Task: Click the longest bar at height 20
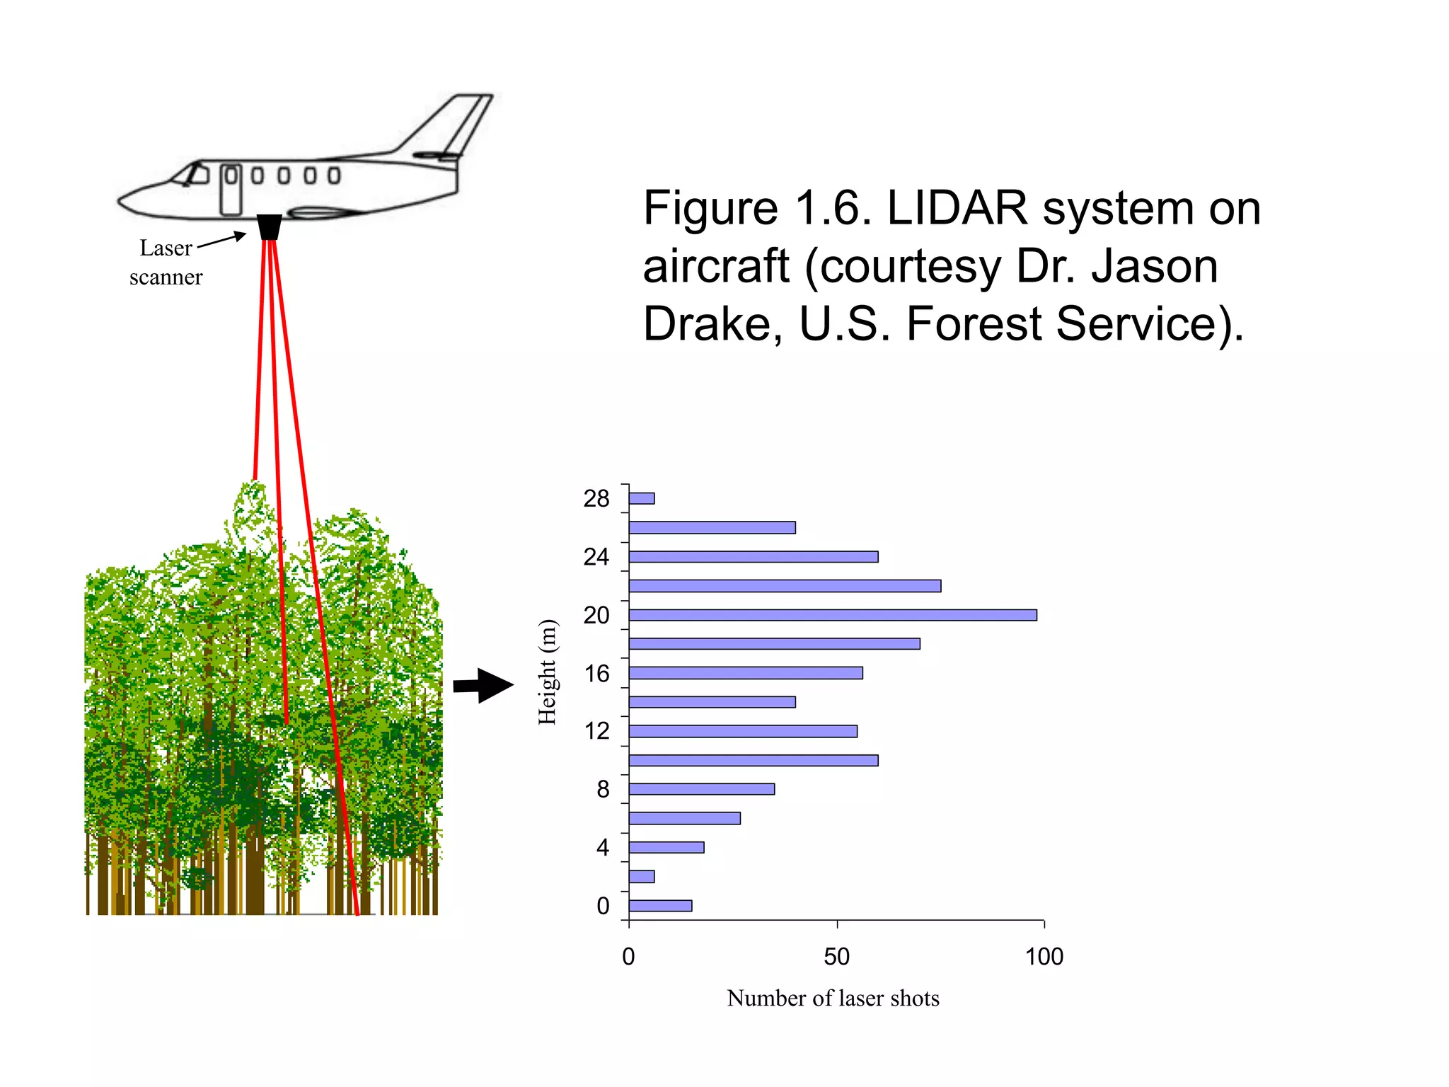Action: point(832,615)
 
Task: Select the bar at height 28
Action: point(642,498)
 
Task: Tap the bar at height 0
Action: point(660,905)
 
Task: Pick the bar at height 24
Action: point(753,557)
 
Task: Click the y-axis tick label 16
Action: point(596,673)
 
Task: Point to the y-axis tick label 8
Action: point(602,789)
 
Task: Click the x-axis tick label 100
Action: point(1044,957)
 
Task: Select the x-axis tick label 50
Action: point(836,957)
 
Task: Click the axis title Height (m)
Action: point(547,672)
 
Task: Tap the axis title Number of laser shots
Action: point(833,998)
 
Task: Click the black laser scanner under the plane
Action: point(269,227)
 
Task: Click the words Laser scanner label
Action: point(166,263)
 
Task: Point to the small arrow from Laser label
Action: point(221,241)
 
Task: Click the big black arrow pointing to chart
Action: point(484,685)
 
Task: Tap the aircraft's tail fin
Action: point(453,124)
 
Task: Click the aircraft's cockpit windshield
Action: point(191,173)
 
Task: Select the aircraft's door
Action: point(231,190)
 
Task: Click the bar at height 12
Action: point(743,731)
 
